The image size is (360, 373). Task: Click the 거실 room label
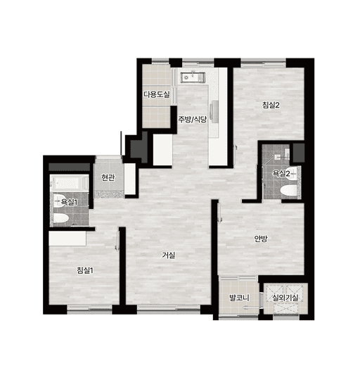click(x=169, y=255)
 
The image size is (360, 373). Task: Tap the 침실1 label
click(x=85, y=270)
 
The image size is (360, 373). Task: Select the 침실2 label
click(x=271, y=105)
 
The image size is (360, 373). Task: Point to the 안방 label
click(x=261, y=239)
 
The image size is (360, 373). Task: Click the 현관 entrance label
click(x=108, y=177)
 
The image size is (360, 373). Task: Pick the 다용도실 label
click(x=157, y=94)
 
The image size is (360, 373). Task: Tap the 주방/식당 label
click(x=193, y=120)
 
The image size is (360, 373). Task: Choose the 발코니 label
click(x=239, y=298)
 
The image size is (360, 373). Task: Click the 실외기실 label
click(x=285, y=298)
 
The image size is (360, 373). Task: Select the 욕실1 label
click(x=69, y=203)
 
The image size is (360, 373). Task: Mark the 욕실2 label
click(x=281, y=174)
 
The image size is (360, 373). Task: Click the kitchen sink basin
click(x=192, y=77)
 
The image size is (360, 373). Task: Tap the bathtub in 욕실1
click(x=70, y=183)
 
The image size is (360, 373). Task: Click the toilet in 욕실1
click(x=61, y=218)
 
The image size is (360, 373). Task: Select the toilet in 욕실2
click(x=288, y=191)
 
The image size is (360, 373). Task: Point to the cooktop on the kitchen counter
click(x=215, y=111)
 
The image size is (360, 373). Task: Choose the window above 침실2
click(x=263, y=63)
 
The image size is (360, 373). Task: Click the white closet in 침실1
click(x=67, y=239)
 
